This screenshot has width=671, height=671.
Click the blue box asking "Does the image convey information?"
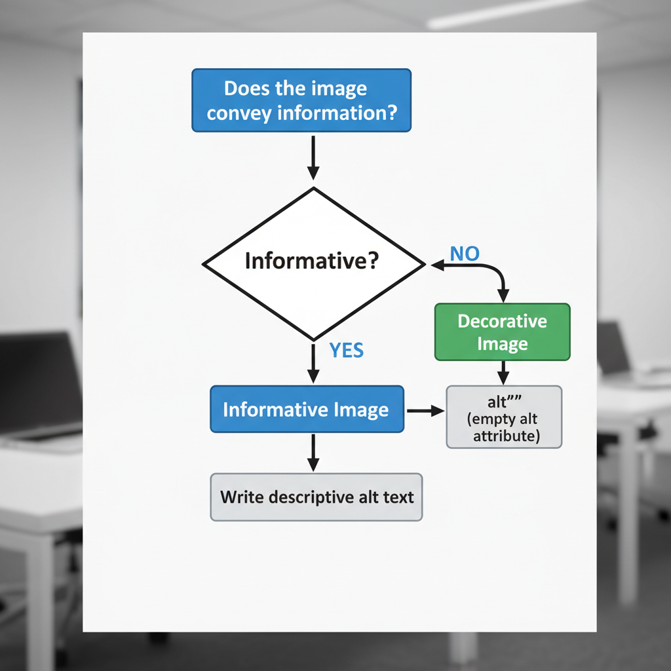301,100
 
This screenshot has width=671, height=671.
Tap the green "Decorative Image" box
503,332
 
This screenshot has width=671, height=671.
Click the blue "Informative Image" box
307,410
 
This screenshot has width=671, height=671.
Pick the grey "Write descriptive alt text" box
316,497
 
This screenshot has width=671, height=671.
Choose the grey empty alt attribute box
504,417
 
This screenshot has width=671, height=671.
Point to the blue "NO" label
465,254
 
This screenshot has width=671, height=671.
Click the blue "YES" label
346,351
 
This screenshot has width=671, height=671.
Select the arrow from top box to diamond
313,157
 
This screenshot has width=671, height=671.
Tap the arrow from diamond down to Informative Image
313,364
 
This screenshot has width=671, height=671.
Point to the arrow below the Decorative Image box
503,372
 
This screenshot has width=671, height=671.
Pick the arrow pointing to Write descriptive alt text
313,452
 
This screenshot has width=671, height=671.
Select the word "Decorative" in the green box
503,321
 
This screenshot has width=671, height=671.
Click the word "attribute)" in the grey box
507,436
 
